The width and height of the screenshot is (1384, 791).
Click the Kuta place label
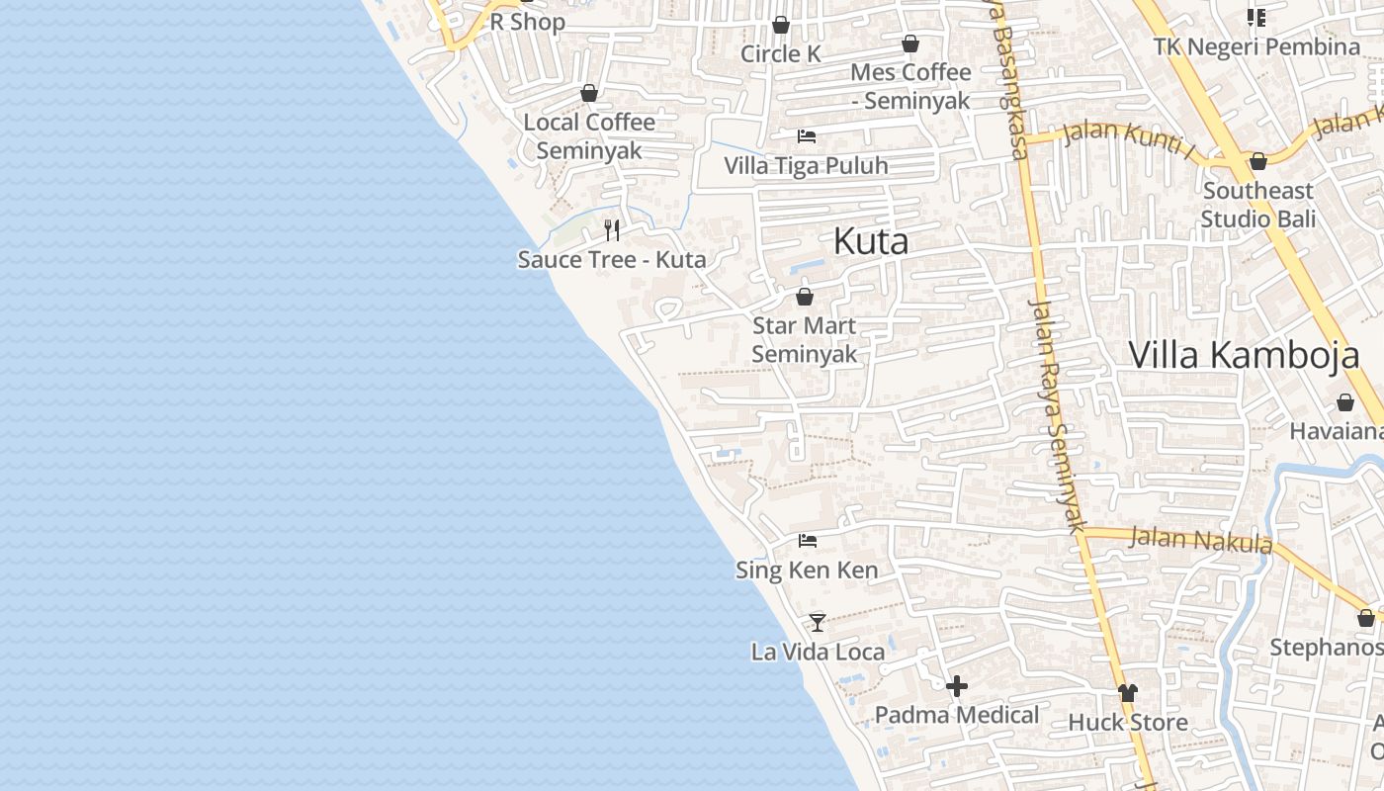(870, 241)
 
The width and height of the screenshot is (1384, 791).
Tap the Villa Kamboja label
(1244, 354)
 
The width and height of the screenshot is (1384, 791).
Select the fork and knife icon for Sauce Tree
(612, 230)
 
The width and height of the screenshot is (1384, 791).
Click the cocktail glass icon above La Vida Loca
(818, 622)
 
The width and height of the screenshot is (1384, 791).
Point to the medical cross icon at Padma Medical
(956, 685)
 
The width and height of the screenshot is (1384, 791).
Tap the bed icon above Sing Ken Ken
(808, 541)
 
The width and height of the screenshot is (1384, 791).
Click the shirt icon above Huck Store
(1127, 692)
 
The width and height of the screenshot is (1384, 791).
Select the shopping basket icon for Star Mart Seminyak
(805, 297)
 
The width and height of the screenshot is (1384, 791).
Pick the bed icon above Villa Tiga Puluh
(807, 136)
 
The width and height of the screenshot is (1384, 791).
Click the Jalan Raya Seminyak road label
(1057, 415)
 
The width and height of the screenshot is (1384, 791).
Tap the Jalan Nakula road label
(1200, 540)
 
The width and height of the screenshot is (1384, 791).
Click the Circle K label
(781, 53)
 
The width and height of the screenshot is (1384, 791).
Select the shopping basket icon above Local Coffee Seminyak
(589, 93)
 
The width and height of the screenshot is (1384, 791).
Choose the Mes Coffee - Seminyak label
(910, 86)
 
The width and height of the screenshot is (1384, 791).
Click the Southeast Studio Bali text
(1257, 204)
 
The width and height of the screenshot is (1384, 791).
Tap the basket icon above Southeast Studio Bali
(1258, 161)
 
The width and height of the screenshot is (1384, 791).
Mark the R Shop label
(528, 22)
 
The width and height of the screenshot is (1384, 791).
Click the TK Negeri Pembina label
(1256, 46)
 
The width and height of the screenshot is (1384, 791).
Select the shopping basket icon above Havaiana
(1345, 402)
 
